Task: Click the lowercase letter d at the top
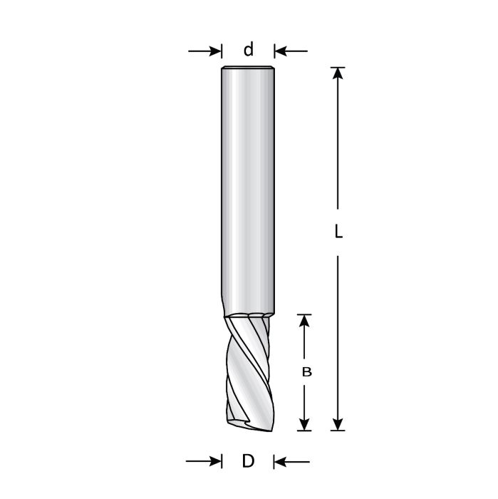click(248, 50)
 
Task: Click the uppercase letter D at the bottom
click(248, 461)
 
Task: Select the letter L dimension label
click(338, 232)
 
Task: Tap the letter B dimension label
click(306, 371)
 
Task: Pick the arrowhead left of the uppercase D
click(214, 462)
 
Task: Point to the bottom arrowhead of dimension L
click(338, 423)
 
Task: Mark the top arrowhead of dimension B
click(305, 321)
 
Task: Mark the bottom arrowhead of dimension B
click(305, 423)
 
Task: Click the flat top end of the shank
click(248, 68)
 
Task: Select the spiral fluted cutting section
click(248, 371)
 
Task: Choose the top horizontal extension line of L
click(338, 68)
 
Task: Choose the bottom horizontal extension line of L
click(338, 431)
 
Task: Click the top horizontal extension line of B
click(305, 314)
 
